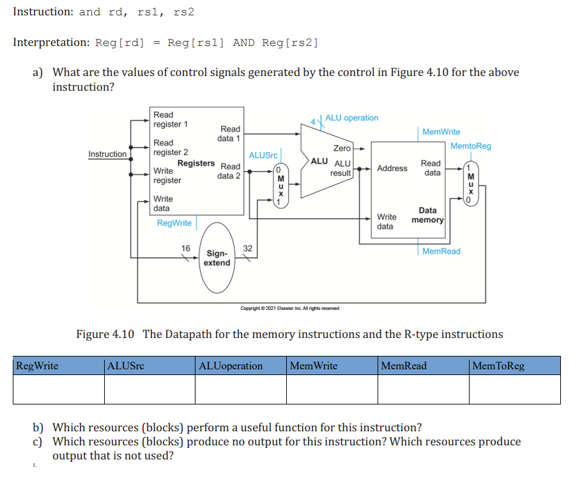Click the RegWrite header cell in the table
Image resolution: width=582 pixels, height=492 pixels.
[x=58, y=366]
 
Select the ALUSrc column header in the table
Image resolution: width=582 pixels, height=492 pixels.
[x=150, y=366]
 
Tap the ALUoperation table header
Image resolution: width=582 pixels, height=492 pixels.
[x=241, y=366]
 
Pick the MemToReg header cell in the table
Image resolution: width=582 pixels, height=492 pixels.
[x=514, y=366]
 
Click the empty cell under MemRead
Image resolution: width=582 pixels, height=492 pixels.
[x=423, y=389]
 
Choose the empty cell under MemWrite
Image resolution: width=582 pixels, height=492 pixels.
[x=332, y=389]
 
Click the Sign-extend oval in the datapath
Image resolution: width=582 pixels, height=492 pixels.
[x=217, y=258]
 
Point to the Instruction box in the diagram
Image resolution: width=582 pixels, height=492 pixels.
[x=107, y=154]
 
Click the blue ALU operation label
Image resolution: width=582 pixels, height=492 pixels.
[x=351, y=118]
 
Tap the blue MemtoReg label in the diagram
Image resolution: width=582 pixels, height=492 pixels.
[x=471, y=146]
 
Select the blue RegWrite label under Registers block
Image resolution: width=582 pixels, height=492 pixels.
[x=174, y=223]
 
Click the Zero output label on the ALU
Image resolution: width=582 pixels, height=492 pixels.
[x=342, y=148]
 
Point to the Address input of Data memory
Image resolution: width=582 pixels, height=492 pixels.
[x=392, y=169]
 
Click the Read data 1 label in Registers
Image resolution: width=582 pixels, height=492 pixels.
[x=229, y=134]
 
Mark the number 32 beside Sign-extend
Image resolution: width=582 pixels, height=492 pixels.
[x=248, y=249]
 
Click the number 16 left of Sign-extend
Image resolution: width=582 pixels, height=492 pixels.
[x=186, y=249]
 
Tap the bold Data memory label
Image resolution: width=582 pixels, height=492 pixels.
[x=427, y=215]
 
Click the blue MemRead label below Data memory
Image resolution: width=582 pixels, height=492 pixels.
[x=441, y=252]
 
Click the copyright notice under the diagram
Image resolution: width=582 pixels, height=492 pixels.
[x=289, y=309]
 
